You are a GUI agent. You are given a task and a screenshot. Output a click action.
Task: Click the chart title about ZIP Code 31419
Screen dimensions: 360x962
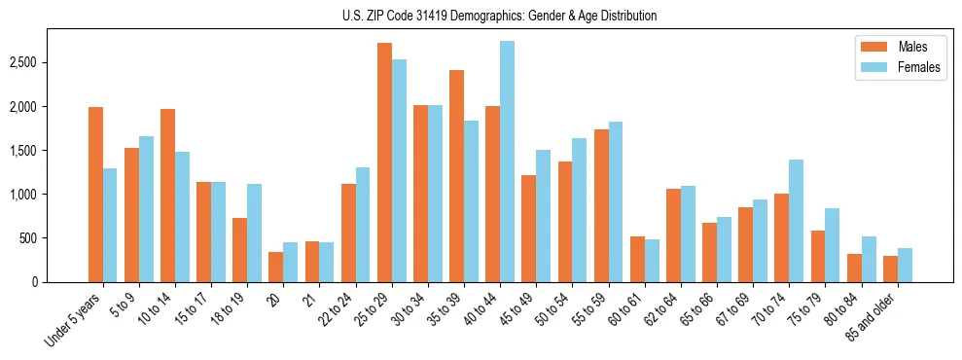(499, 16)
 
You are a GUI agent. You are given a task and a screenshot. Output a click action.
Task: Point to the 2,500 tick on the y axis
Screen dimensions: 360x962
(21, 62)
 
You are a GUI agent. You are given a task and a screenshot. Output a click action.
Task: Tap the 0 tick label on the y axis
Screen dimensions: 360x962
(35, 282)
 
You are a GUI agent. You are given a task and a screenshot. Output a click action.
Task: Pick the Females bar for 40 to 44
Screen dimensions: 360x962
(507, 162)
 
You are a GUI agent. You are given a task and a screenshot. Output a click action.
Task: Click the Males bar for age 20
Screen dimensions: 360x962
(276, 267)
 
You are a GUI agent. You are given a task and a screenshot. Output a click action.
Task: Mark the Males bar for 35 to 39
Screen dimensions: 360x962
(456, 176)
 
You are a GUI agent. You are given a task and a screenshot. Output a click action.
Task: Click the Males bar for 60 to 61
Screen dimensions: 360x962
(637, 259)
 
